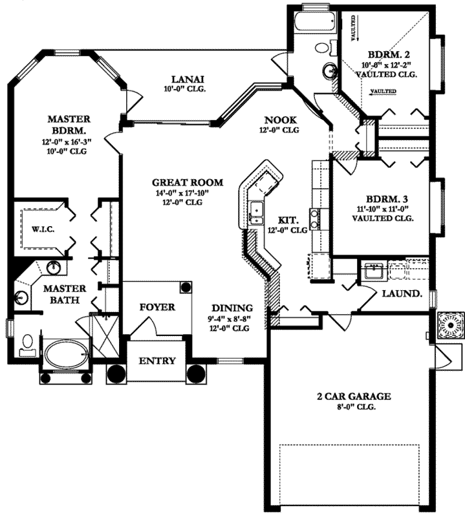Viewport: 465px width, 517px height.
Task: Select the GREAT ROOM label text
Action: click(x=188, y=182)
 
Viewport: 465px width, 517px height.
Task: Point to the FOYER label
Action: click(x=157, y=307)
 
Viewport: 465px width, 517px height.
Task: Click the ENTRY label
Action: click(x=157, y=361)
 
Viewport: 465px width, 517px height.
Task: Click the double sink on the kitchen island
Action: click(x=256, y=211)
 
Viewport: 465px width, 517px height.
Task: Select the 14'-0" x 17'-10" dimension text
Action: click(x=188, y=193)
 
